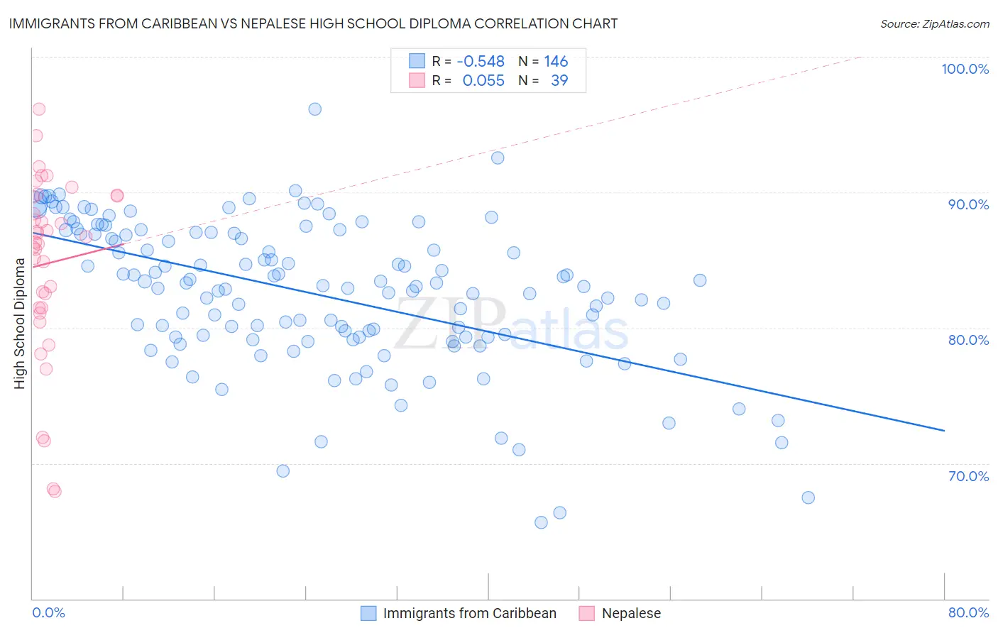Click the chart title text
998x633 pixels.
[313, 23]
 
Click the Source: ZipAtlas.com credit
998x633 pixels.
[934, 23]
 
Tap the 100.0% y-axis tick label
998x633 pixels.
[965, 69]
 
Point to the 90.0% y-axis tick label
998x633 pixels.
[968, 204]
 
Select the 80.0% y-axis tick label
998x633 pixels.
[968, 340]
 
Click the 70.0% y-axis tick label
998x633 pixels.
[968, 476]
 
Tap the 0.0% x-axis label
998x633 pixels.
[48, 612]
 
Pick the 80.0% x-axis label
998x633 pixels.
[968, 612]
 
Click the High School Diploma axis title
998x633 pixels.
[20, 324]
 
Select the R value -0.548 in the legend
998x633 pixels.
[481, 62]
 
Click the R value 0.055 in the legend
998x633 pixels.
[483, 81]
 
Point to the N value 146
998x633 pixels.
[556, 62]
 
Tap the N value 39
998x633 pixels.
[559, 81]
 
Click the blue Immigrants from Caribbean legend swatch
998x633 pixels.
[368, 613]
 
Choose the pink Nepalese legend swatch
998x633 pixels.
[587, 613]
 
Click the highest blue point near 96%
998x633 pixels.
[314, 109]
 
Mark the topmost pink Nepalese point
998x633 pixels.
[39, 109]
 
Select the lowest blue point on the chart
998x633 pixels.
[541, 522]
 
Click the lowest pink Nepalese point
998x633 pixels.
[55, 491]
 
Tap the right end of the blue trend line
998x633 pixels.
[944, 431]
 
